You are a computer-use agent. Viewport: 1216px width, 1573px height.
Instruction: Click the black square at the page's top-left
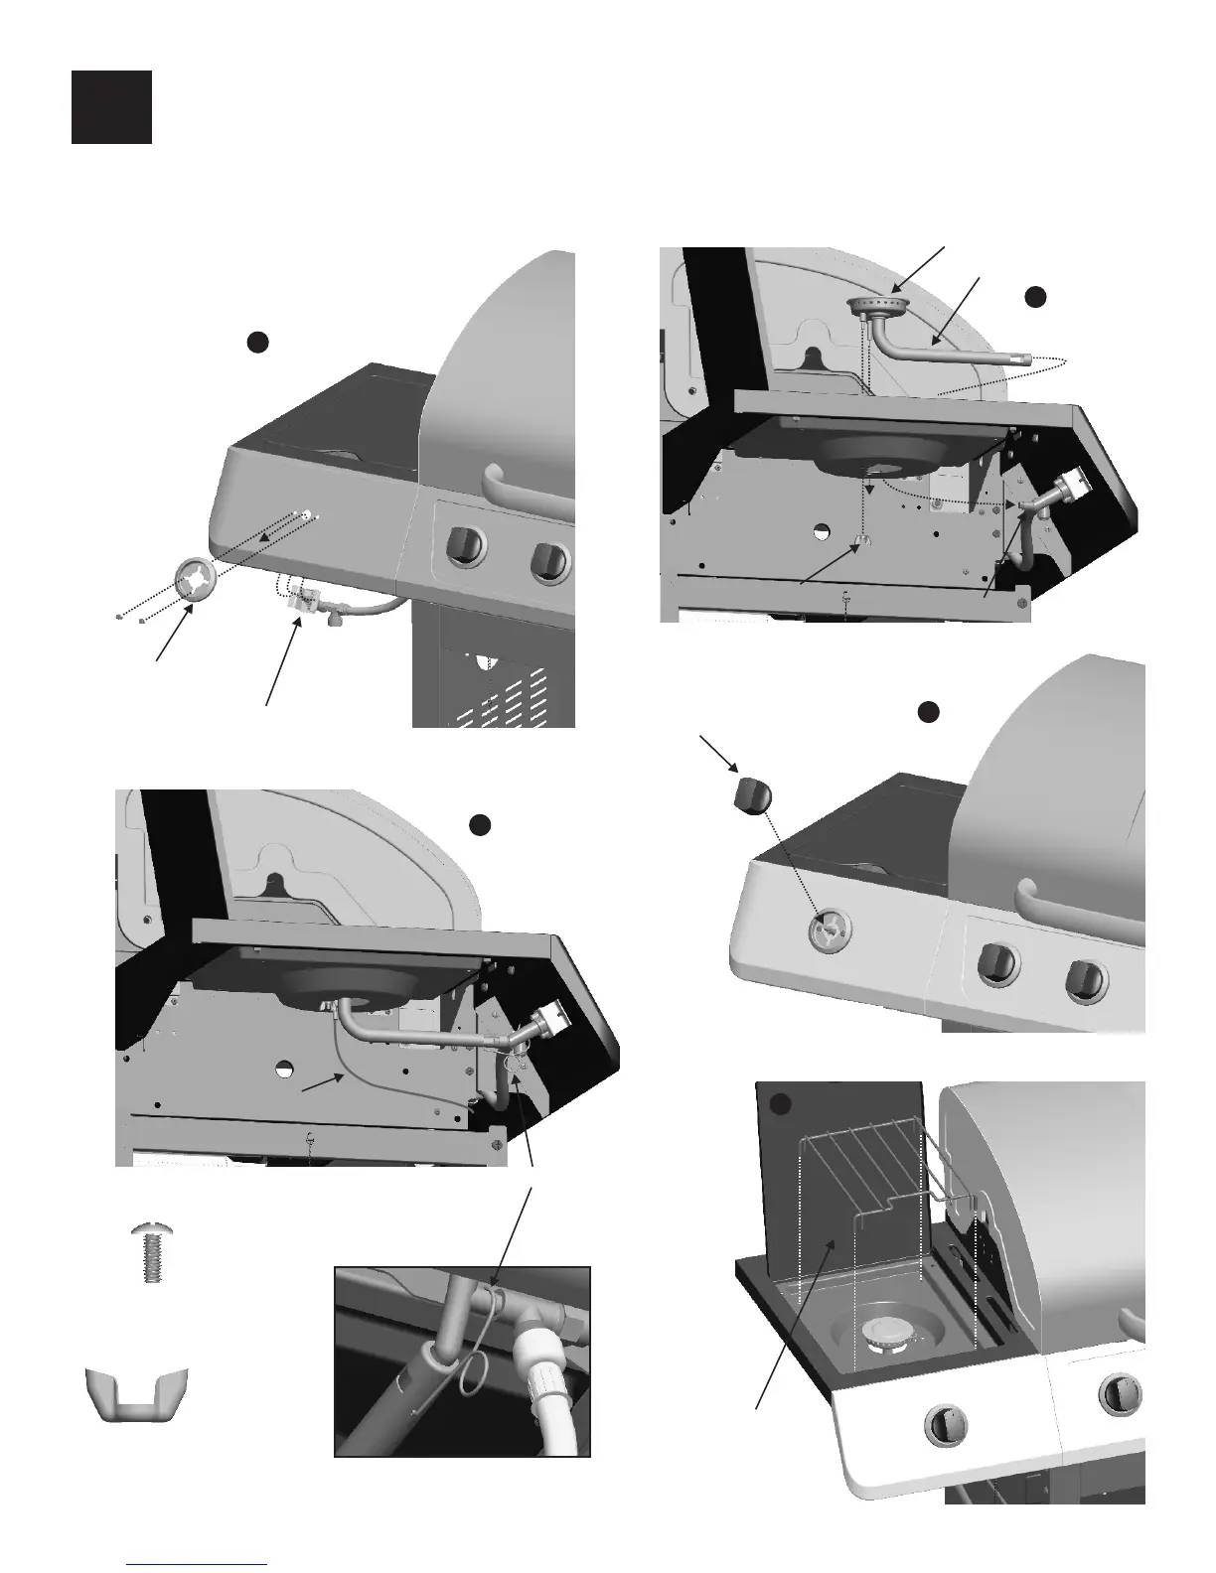coord(111,107)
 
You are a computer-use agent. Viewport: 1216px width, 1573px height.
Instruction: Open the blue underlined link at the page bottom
coord(198,1565)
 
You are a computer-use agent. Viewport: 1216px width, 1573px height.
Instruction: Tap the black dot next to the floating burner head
coord(1035,296)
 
